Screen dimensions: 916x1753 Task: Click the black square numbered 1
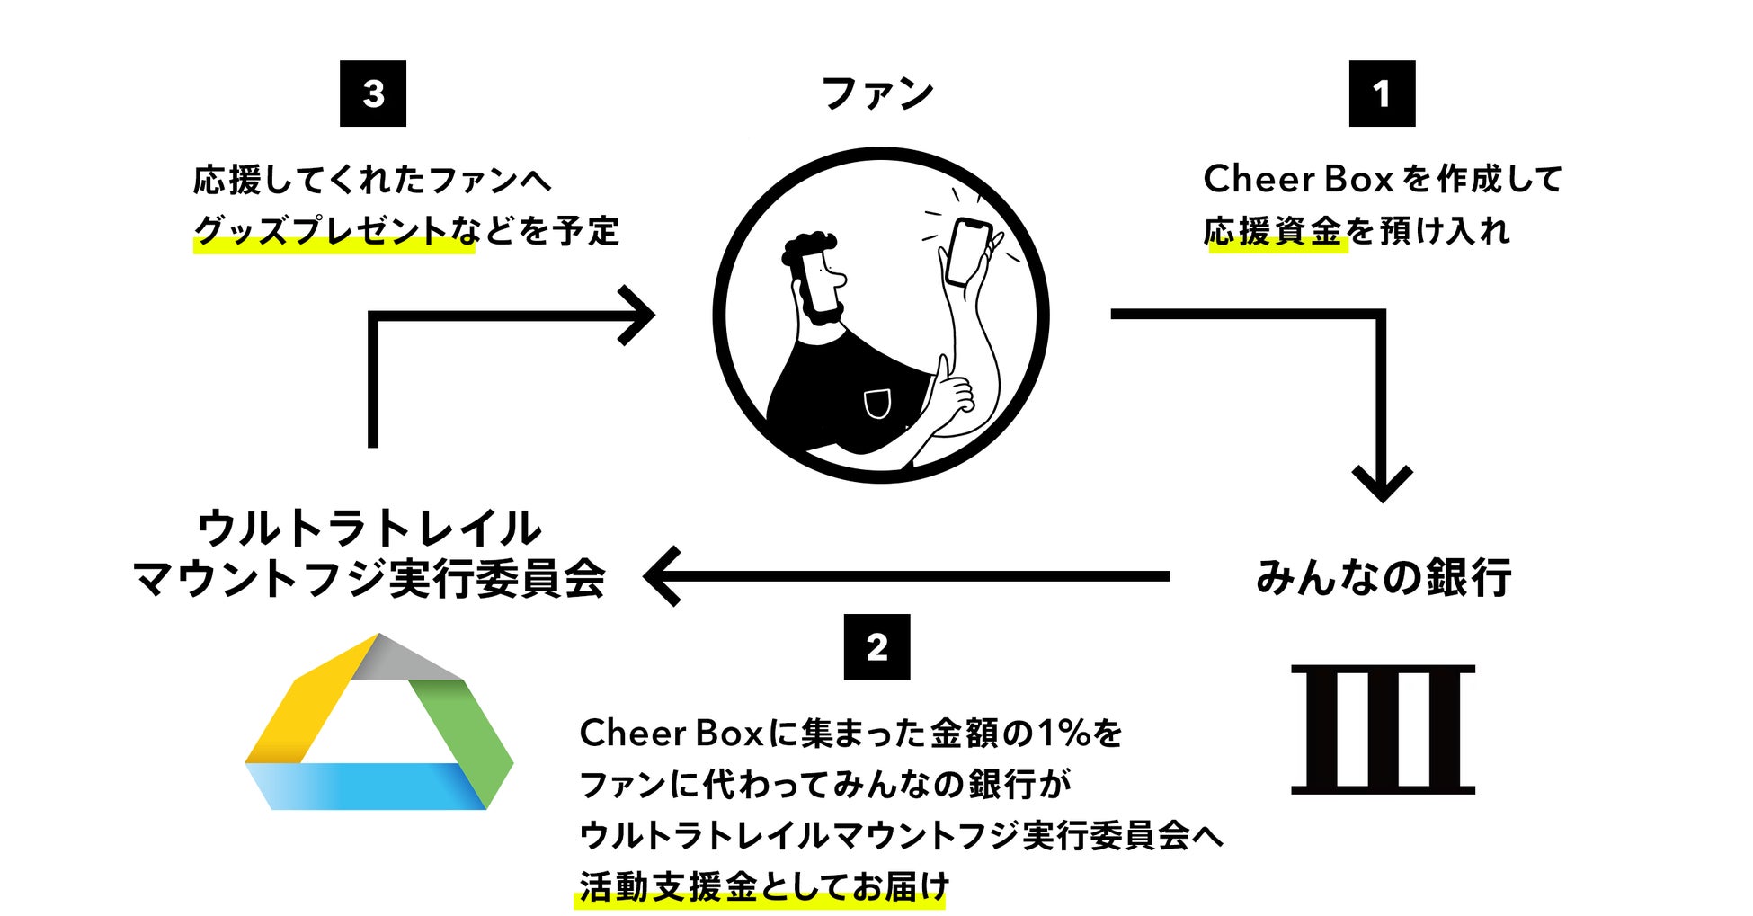pos(1382,93)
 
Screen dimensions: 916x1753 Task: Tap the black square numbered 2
pos(876,647)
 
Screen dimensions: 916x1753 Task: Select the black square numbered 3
pos(373,93)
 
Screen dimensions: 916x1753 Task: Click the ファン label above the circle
pos(878,93)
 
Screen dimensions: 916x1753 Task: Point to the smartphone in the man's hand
pos(968,252)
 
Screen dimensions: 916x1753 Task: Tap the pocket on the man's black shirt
pos(876,404)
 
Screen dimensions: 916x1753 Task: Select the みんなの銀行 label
pos(1383,577)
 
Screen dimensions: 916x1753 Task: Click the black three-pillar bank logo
pos(1383,729)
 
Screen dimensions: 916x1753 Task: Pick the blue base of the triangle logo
pos(369,786)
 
